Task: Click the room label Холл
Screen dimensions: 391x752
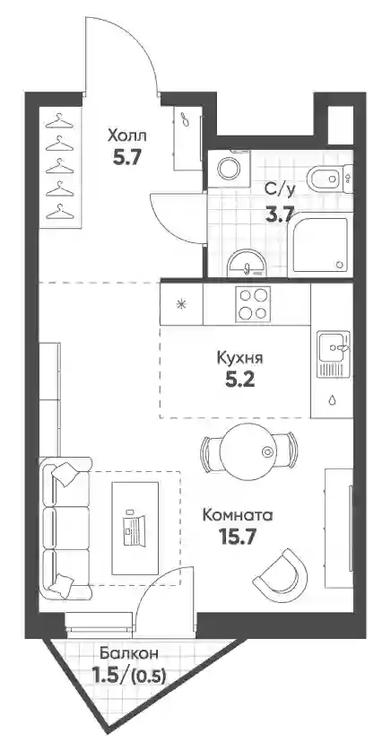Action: pyautogui.click(x=127, y=136)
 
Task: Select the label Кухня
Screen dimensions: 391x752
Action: pyautogui.click(x=240, y=358)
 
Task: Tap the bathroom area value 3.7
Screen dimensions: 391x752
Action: pyautogui.click(x=280, y=214)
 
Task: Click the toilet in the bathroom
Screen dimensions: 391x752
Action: pyautogui.click(x=330, y=179)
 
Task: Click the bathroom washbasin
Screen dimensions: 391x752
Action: pyautogui.click(x=247, y=263)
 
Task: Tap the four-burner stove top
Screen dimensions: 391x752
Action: pyautogui.click(x=253, y=303)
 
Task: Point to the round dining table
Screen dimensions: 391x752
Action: pyautogui.click(x=248, y=450)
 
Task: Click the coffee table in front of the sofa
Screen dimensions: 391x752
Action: pyautogui.click(x=135, y=528)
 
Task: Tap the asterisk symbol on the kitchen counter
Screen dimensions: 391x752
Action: pyautogui.click(x=181, y=304)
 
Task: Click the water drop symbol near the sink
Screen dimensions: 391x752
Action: pyautogui.click(x=332, y=400)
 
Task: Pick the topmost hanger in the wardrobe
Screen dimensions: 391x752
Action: pyautogui.click(x=59, y=121)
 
